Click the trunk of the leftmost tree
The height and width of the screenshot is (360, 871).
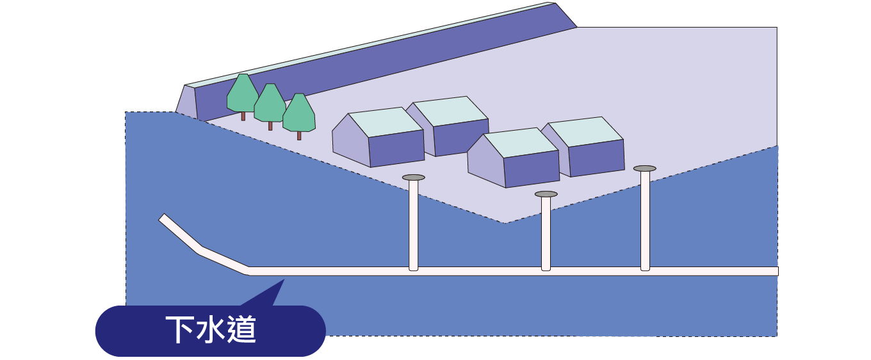(243, 116)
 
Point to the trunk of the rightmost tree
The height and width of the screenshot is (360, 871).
(299, 136)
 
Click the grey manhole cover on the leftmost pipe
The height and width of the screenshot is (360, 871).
(413, 177)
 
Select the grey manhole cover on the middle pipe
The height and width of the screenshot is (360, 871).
(546, 194)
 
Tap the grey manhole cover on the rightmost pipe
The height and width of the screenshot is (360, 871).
(645, 168)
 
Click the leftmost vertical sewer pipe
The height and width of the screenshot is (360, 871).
(413, 225)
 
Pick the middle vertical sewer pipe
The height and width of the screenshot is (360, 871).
(546, 234)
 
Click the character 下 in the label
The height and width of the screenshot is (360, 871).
(179, 329)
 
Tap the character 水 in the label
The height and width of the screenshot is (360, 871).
(210, 329)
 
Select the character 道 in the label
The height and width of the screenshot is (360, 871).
(242, 329)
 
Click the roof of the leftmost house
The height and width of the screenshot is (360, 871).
(386, 122)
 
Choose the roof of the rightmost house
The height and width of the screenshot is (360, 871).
(586, 131)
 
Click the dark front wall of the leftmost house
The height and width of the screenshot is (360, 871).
(396, 148)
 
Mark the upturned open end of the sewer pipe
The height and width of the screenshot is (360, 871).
(163, 217)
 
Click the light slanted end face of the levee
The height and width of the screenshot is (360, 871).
(186, 102)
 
